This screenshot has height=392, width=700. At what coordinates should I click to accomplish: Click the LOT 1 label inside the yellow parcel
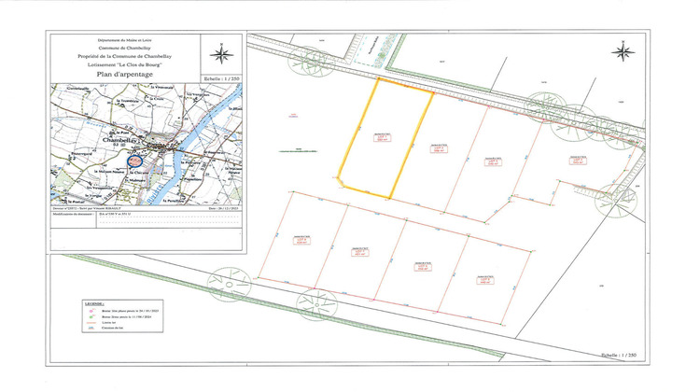click(381, 137)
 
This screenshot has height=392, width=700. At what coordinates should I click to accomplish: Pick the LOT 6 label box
click(360, 252)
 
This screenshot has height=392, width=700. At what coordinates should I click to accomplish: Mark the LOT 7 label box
click(422, 265)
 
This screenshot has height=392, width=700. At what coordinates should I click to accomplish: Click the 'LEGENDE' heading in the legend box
click(93, 304)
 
